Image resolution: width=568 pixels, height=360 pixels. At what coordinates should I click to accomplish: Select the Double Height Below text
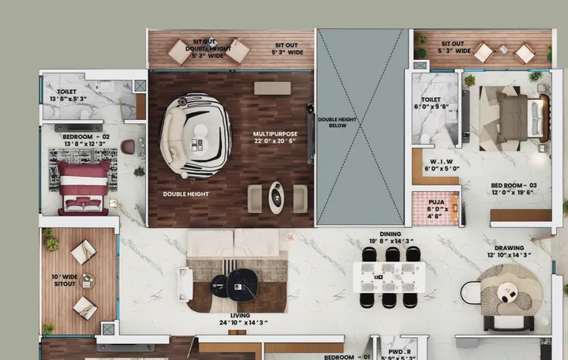[x=338, y=122]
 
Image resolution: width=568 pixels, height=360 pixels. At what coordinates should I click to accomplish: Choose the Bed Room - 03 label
[x=514, y=188]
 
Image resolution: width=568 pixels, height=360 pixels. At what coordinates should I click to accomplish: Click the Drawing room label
[x=509, y=249]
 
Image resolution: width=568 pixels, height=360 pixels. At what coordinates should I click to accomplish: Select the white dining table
[x=390, y=276]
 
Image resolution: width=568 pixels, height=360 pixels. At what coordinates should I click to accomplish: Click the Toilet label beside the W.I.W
[x=430, y=103]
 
